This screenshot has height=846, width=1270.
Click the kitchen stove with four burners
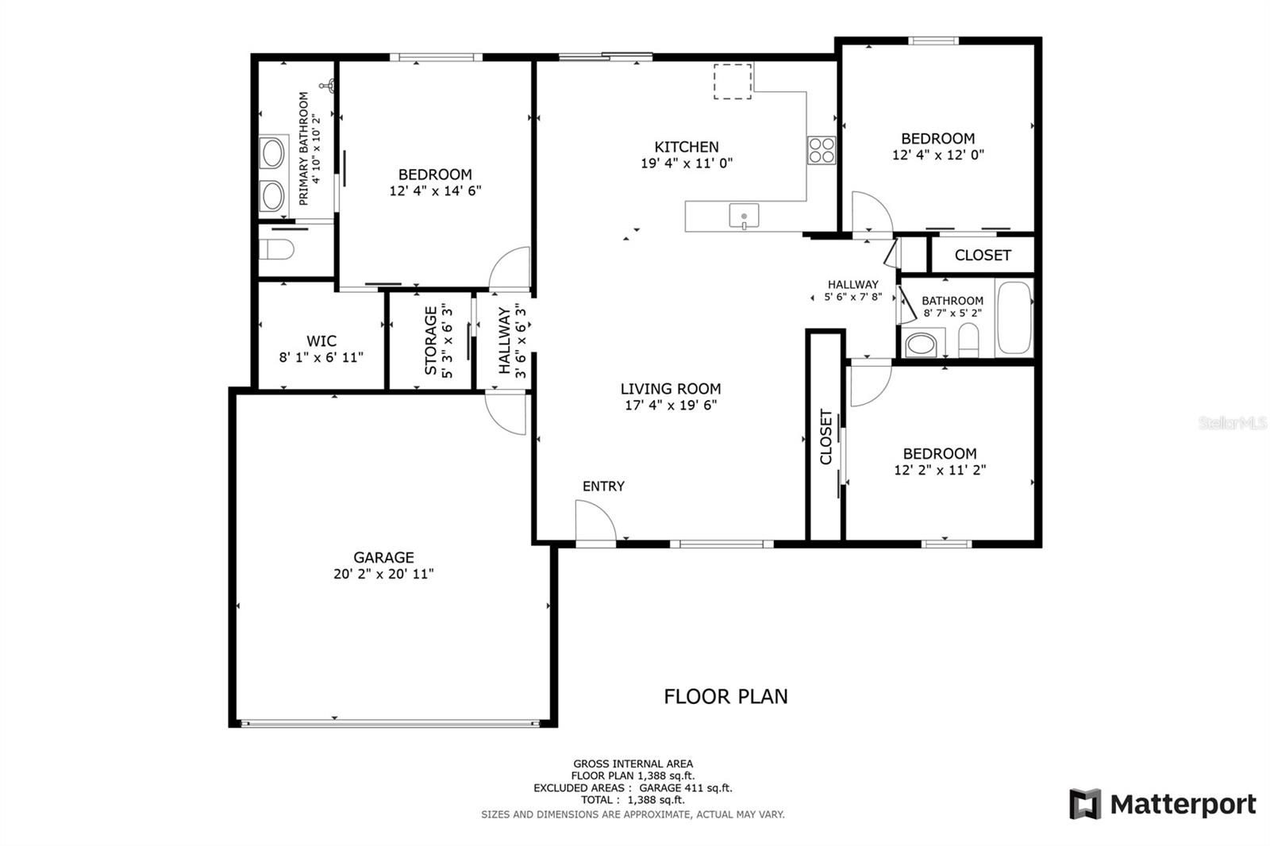[x=822, y=150]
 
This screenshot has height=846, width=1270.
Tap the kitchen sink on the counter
[x=744, y=216]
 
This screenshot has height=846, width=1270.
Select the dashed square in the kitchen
[x=733, y=82]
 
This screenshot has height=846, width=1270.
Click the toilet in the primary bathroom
[x=276, y=249]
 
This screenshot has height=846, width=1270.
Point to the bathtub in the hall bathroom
[x=1014, y=317]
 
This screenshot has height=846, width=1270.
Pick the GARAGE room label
[x=383, y=557]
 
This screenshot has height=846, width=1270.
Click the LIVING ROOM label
[x=671, y=388]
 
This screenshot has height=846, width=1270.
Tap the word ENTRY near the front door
[x=603, y=486]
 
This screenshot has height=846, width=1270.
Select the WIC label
[x=321, y=340]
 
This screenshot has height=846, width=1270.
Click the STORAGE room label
[x=431, y=340]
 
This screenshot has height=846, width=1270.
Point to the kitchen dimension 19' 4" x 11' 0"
[x=687, y=163]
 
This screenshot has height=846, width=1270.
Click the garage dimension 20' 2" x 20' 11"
[x=383, y=574]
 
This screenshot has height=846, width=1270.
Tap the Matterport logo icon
[x=1085, y=803]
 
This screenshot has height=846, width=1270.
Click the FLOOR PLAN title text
[x=725, y=696]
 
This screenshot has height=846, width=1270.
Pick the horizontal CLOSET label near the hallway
[x=983, y=256]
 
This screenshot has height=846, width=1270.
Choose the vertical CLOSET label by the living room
[x=825, y=436]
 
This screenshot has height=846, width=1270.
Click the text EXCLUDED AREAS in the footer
[x=579, y=787]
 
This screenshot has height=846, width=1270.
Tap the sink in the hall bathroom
[x=921, y=344]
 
